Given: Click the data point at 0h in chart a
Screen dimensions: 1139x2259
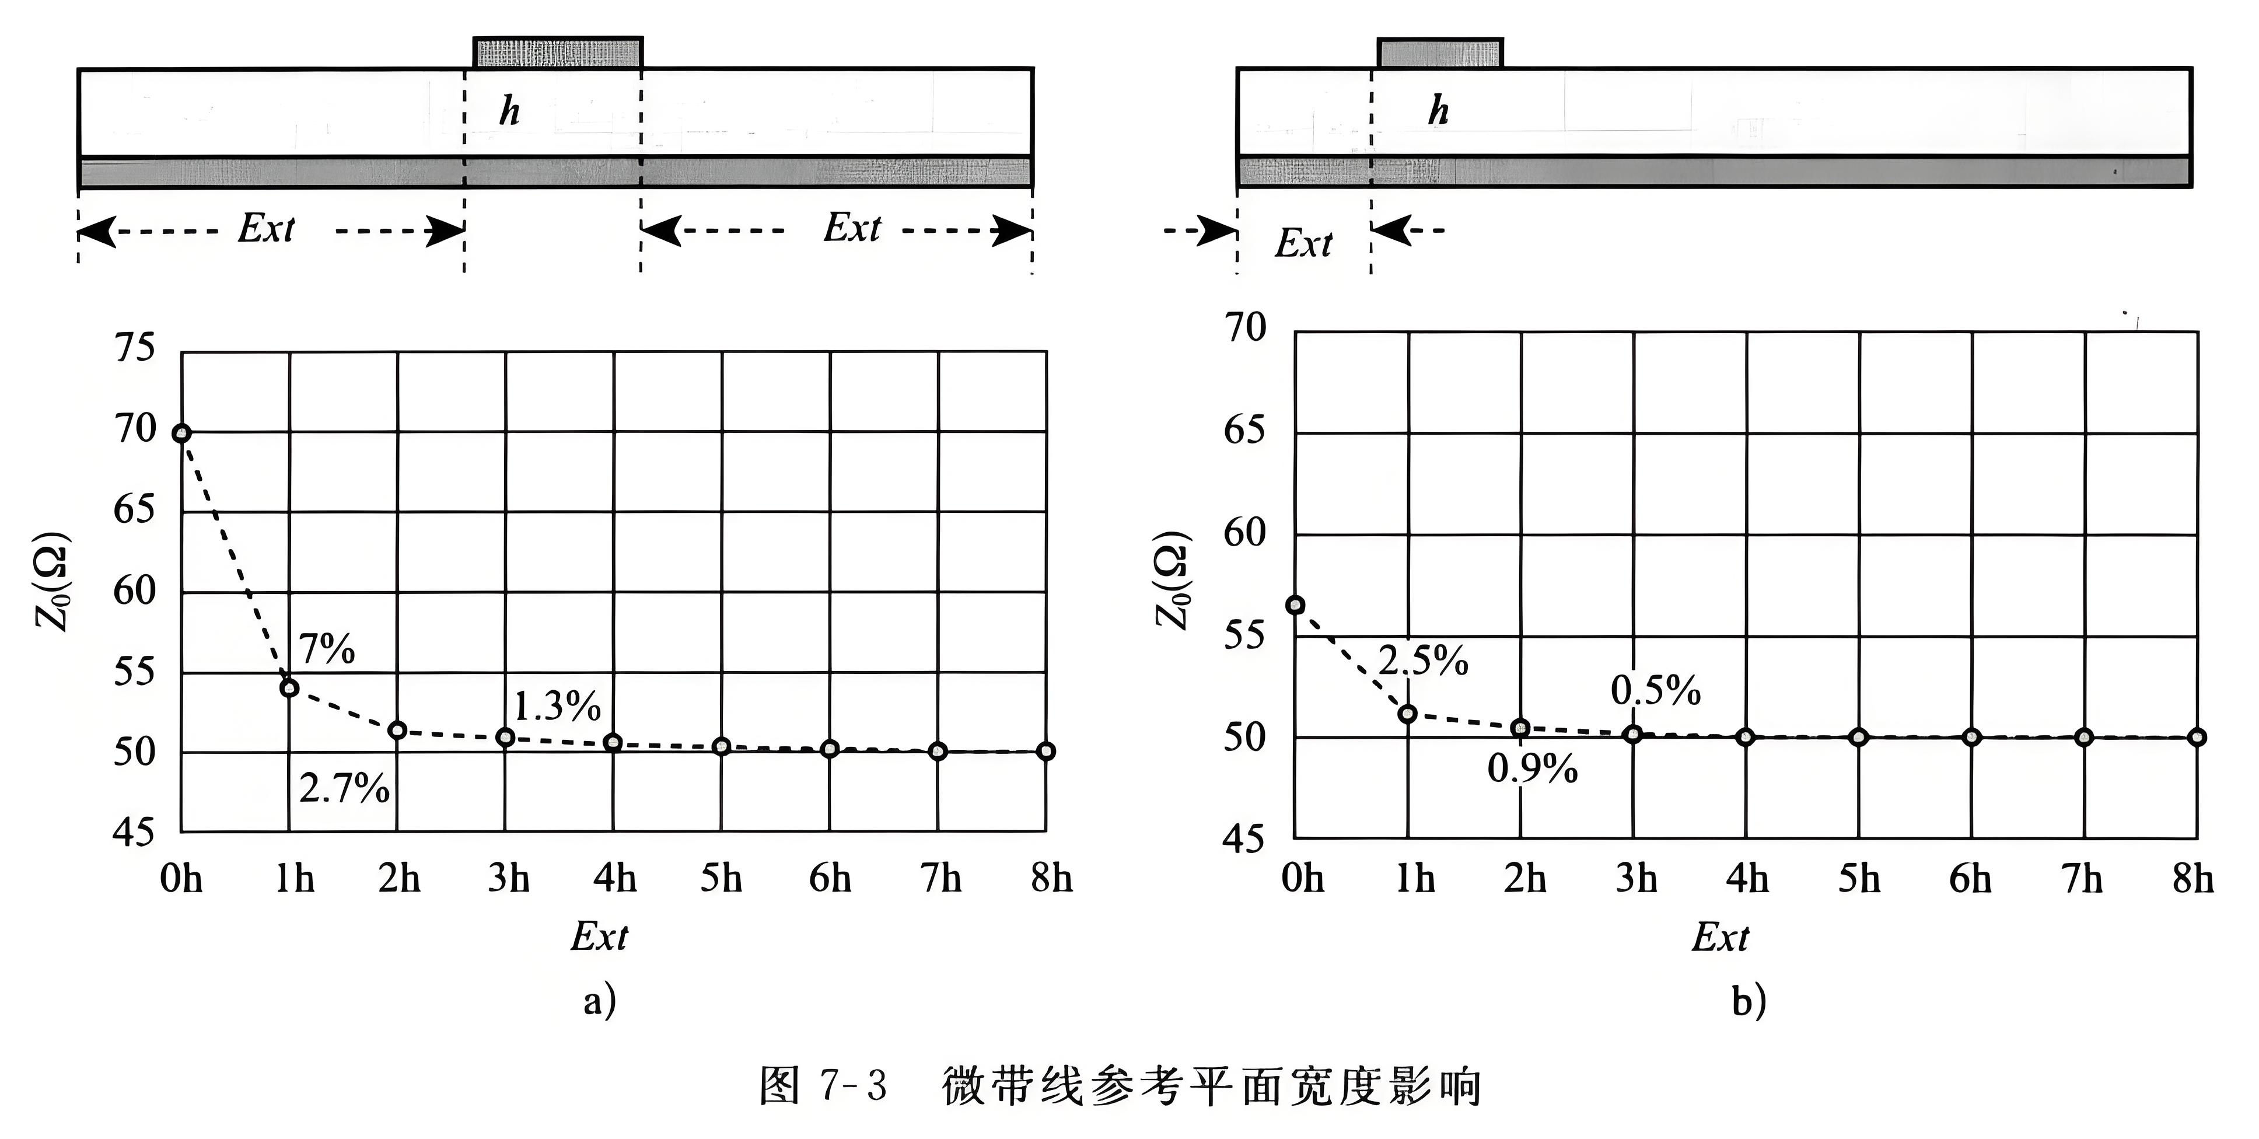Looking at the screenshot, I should (181, 432).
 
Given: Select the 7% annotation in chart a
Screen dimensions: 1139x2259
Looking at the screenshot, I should (326, 649).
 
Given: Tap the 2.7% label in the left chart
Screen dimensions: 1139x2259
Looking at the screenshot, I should (344, 788).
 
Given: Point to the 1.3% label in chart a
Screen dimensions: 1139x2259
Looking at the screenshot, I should (557, 706).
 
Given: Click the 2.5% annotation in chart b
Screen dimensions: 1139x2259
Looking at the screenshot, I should (1422, 661).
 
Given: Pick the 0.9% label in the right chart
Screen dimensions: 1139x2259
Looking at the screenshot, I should (1532, 769).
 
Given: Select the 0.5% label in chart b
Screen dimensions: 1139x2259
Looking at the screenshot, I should (1655, 691).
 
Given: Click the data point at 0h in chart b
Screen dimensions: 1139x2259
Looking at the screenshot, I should (1295, 605).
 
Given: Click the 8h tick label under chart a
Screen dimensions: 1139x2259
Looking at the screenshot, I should (1051, 878).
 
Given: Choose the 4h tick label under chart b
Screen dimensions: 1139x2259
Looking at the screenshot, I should (1747, 878).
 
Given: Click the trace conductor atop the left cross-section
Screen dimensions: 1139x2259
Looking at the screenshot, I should (558, 53).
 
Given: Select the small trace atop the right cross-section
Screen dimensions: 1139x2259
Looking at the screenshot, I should (1439, 53).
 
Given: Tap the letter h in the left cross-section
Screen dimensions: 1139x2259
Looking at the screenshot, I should (509, 111).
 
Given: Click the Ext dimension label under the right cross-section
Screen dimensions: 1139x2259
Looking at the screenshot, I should (1303, 243).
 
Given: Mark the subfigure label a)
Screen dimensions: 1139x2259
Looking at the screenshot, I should (600, 1001).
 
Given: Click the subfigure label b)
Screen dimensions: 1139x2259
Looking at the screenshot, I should (1748, 1001).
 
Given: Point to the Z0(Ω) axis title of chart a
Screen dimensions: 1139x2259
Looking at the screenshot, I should (53, 581).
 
